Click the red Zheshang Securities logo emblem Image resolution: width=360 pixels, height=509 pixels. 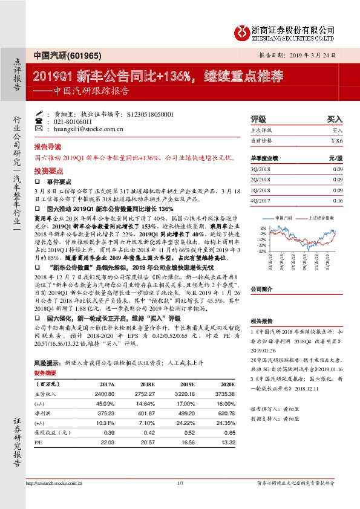pyautogui.click(x=243, y=30)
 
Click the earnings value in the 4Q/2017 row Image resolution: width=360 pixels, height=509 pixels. pyautogui.click(x=338, y=200)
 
